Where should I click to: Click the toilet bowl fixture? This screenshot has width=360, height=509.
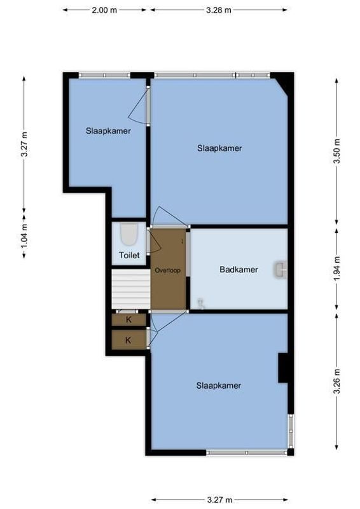click(x=129, y=235)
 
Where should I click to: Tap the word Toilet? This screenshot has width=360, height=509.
click(x=129, y=256)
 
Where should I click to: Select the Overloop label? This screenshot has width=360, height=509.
click(x=168, y=270)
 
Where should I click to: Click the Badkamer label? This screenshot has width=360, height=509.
click(x=239, y=270)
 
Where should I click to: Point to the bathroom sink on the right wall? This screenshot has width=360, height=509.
click(x=280, y=270)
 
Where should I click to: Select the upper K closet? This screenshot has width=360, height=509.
click(x=128, y=319)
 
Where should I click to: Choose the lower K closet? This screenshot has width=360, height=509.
click(x=128, y=340)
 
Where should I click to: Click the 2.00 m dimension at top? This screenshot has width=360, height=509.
click(x=104, y=10)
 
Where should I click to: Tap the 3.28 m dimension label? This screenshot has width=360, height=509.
click(x=219, y=10)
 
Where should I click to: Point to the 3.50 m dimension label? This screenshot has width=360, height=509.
click(x=337, y=151)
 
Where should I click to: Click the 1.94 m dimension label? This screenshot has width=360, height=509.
click(x=337, y=269)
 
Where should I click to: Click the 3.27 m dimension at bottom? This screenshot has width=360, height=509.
click(x=219, y=500)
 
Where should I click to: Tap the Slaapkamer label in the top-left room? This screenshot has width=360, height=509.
click(x=108, y=131)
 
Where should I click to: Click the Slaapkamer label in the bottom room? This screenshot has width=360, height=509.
click(x=218, y=386)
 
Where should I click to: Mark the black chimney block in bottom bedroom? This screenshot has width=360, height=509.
click(x=283, y=368)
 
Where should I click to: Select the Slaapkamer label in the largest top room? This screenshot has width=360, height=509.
click(x=219, y=148)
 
